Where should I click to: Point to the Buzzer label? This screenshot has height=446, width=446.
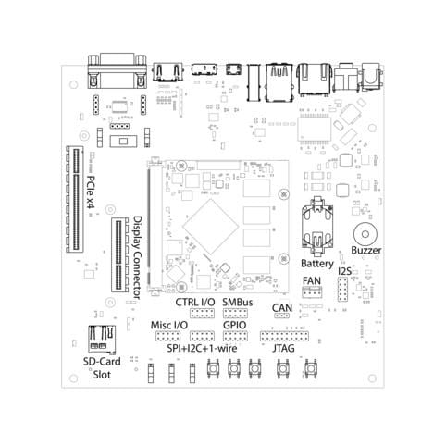click(x=366, y=251)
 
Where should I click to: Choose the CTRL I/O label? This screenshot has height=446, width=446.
click(x=194, y=303)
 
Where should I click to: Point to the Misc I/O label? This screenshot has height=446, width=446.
click(x=169, y=326)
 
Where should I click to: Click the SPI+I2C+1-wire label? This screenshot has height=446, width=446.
click(x=201, y=349)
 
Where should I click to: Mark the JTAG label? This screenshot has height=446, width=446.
click(x=284, y=349)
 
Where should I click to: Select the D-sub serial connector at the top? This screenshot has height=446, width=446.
click(x=118, y=68)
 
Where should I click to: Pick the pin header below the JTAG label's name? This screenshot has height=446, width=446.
click(x=284, y=336)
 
